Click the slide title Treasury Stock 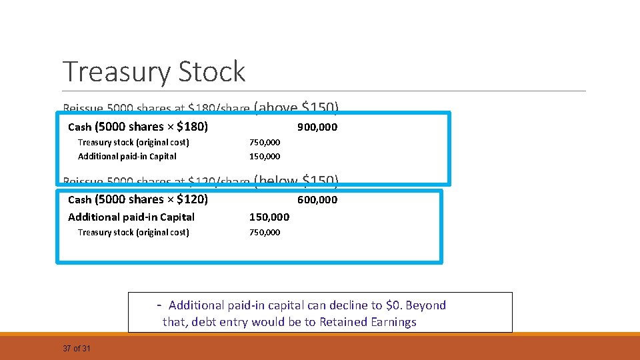pos(154,72)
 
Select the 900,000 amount pos(317,127)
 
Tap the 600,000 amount pos(317,200)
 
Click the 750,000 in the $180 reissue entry pos(265,143)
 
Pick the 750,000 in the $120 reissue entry pos(265,233)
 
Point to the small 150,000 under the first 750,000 pos(265,157)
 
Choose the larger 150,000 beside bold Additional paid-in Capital pos(269,217)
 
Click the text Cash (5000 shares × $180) pos(138,127)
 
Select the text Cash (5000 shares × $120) pos(138,199)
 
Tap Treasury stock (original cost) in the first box pos(133,143)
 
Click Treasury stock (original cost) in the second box pos(133,233)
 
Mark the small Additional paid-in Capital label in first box pos(127,157)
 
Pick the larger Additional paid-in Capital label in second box pos(131,217)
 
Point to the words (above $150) pos(296,107)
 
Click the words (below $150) pos(296,180)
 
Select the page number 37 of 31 pos(77,349)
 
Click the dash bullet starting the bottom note pos(159,305)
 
